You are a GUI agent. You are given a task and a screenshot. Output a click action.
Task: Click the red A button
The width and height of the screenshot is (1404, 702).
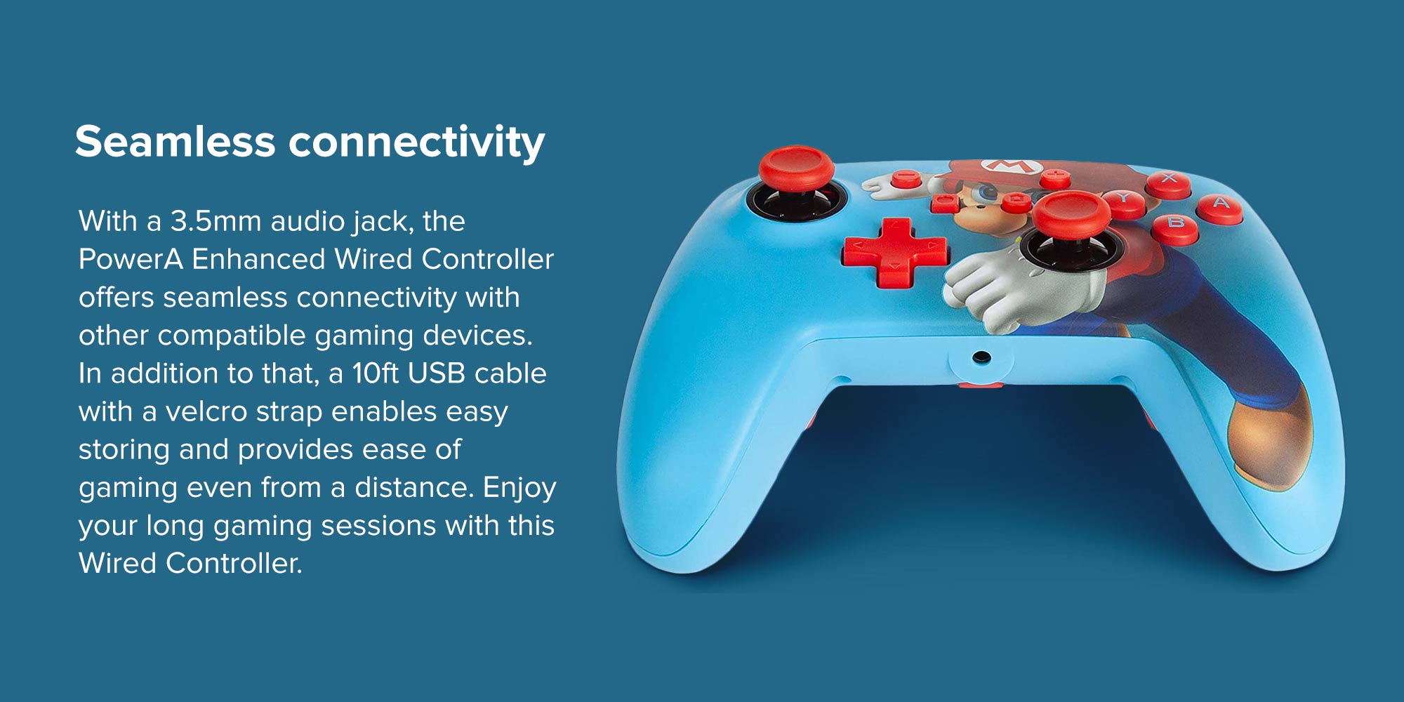[1220, 208]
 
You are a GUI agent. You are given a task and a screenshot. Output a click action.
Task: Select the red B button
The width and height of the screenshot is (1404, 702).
[1175, 228]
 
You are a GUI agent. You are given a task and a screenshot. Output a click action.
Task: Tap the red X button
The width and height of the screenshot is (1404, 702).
[1168, 183]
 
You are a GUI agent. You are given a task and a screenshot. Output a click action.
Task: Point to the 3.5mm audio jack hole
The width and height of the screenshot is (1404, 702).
[981, 358]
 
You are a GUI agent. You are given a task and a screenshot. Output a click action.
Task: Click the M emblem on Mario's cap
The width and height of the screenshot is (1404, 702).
[1011, 166]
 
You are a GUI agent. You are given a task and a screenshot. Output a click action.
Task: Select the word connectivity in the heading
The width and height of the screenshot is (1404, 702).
[417, 143]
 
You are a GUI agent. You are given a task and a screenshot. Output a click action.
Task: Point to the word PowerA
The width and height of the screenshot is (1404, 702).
[131, 259]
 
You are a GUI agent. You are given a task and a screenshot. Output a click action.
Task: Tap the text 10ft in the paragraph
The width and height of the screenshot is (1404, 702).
[376, 373]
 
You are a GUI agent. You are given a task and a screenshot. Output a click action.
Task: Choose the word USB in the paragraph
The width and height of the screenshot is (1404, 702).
[437, 373]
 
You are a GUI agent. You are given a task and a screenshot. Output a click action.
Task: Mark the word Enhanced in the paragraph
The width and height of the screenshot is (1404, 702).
[259, 259]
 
